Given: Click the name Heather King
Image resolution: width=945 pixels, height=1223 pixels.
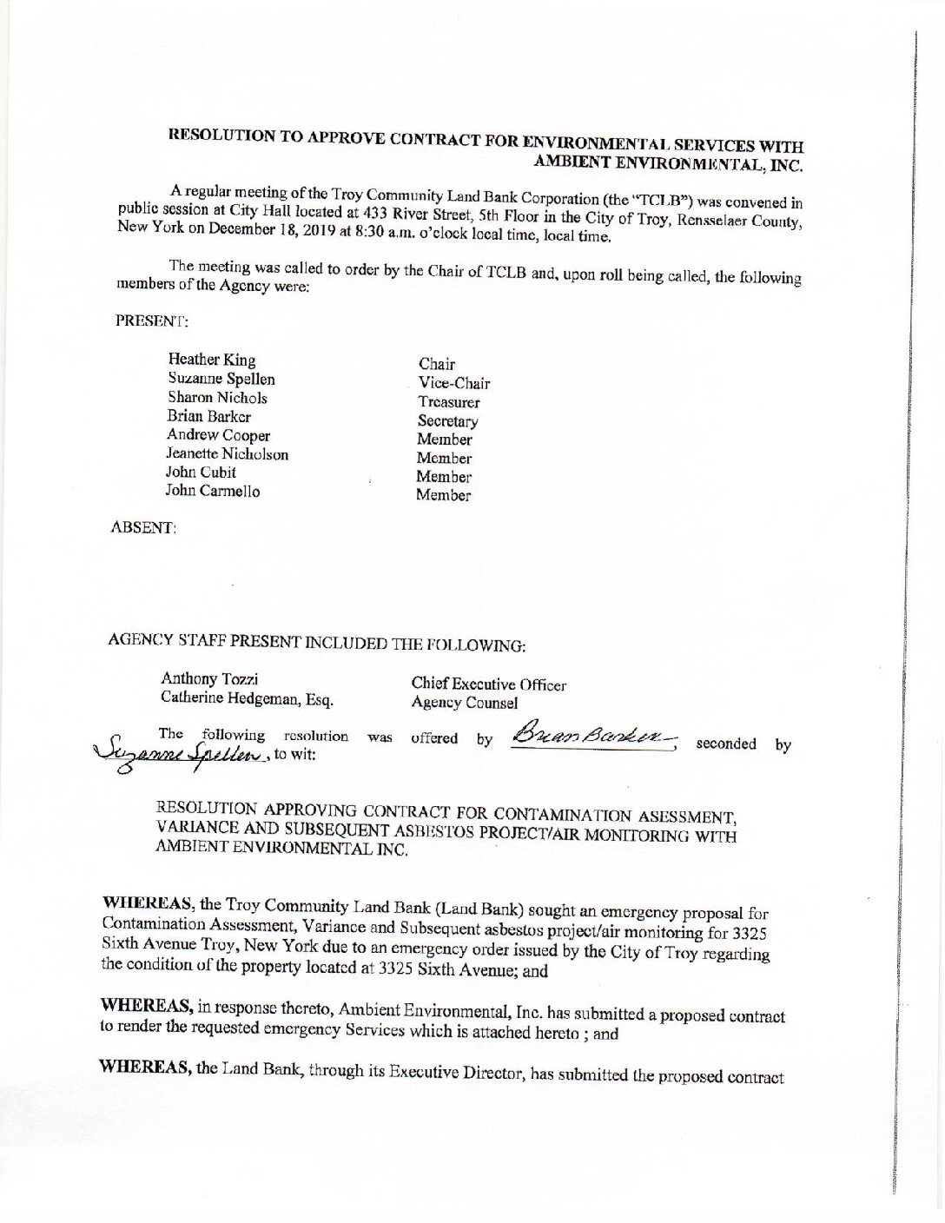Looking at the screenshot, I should [212, 360].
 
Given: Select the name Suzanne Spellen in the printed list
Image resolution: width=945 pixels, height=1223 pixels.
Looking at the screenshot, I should [221, 379].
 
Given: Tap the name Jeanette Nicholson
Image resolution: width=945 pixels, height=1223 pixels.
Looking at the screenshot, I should [227, 453].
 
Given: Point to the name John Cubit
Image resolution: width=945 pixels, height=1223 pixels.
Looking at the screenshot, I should [201, 472].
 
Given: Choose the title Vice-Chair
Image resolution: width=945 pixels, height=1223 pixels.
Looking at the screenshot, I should [453, 383].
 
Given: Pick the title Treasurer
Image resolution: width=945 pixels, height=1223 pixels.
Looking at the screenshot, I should [448, 402].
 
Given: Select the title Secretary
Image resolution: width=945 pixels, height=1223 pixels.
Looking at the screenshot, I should [447, 421].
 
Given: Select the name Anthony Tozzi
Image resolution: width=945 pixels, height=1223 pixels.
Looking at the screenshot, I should [209, 678].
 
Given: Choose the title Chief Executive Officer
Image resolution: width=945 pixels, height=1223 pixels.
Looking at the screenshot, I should [488, 684].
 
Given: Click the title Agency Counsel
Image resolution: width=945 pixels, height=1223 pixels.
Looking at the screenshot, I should [464, 703].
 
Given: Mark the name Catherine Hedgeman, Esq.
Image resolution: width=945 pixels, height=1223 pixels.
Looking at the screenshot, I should [247, 697].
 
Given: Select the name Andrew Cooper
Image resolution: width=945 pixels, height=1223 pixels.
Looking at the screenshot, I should [218, 435].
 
